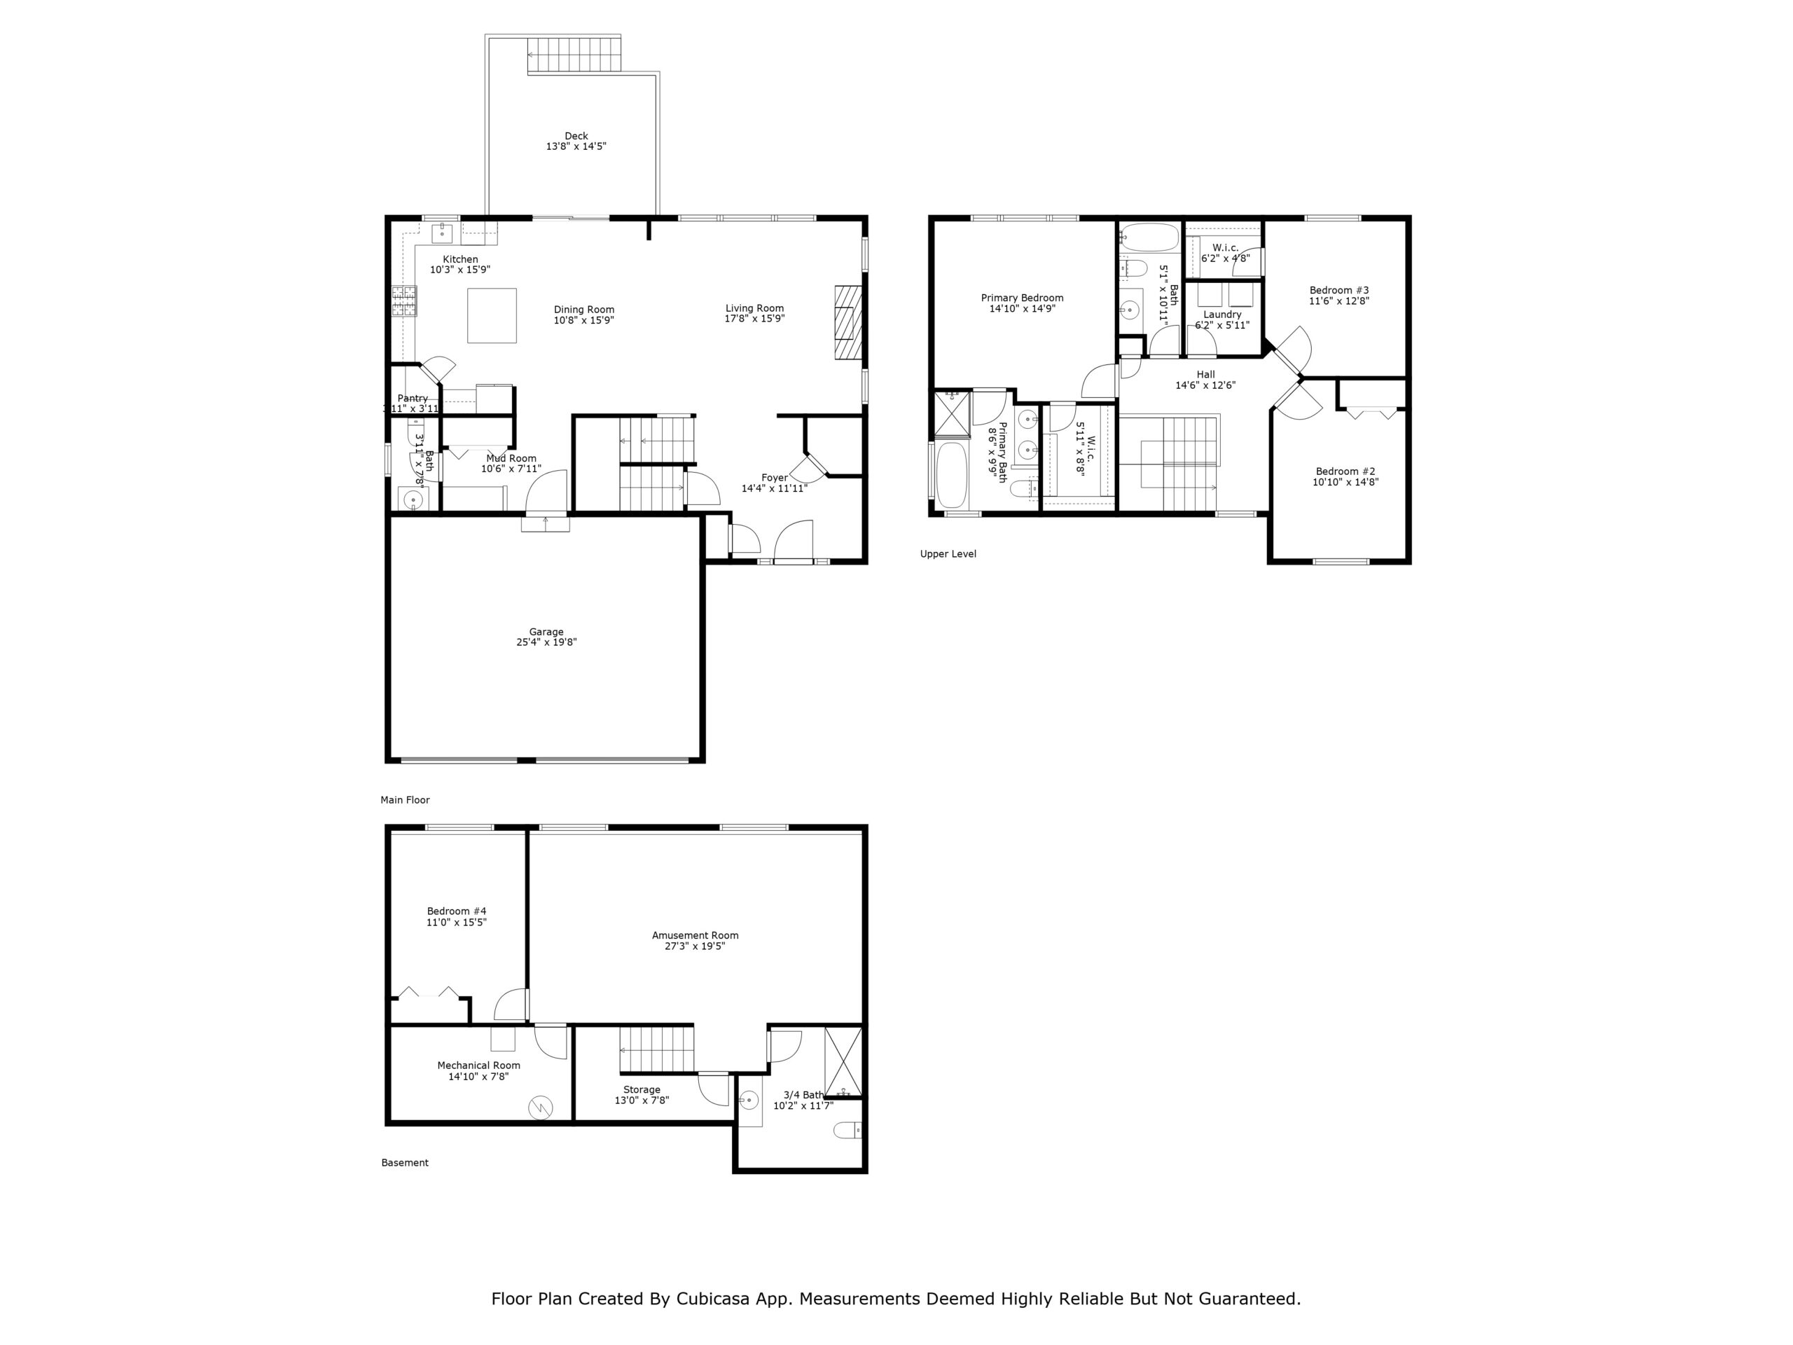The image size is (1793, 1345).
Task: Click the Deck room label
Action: pos(576,136)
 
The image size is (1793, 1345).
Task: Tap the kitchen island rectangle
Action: pos(491,315)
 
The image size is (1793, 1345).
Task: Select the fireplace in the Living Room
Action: pos(847,322)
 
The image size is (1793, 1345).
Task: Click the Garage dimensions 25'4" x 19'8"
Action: pos(546,642)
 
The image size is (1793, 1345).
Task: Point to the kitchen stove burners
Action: pos(403,301)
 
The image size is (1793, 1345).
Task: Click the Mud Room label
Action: pos(511,458)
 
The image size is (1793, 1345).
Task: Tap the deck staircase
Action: pos(574,55)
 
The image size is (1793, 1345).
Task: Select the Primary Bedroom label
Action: pos(1021,298)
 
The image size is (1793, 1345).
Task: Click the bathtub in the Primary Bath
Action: pos(952,474)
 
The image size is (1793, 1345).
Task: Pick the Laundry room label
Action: pos(1221,315)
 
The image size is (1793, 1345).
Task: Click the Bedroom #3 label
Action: pos(1338,290)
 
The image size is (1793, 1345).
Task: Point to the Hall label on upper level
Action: pos(1205,375)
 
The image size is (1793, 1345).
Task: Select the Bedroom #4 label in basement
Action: pos(457,911)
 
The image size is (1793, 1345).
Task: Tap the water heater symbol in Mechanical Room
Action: pos(541,1107)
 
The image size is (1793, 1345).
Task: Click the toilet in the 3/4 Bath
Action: pos(848,1130)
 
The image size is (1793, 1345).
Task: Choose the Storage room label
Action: pos(641,1089)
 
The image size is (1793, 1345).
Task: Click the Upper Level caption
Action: pos(948,553)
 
